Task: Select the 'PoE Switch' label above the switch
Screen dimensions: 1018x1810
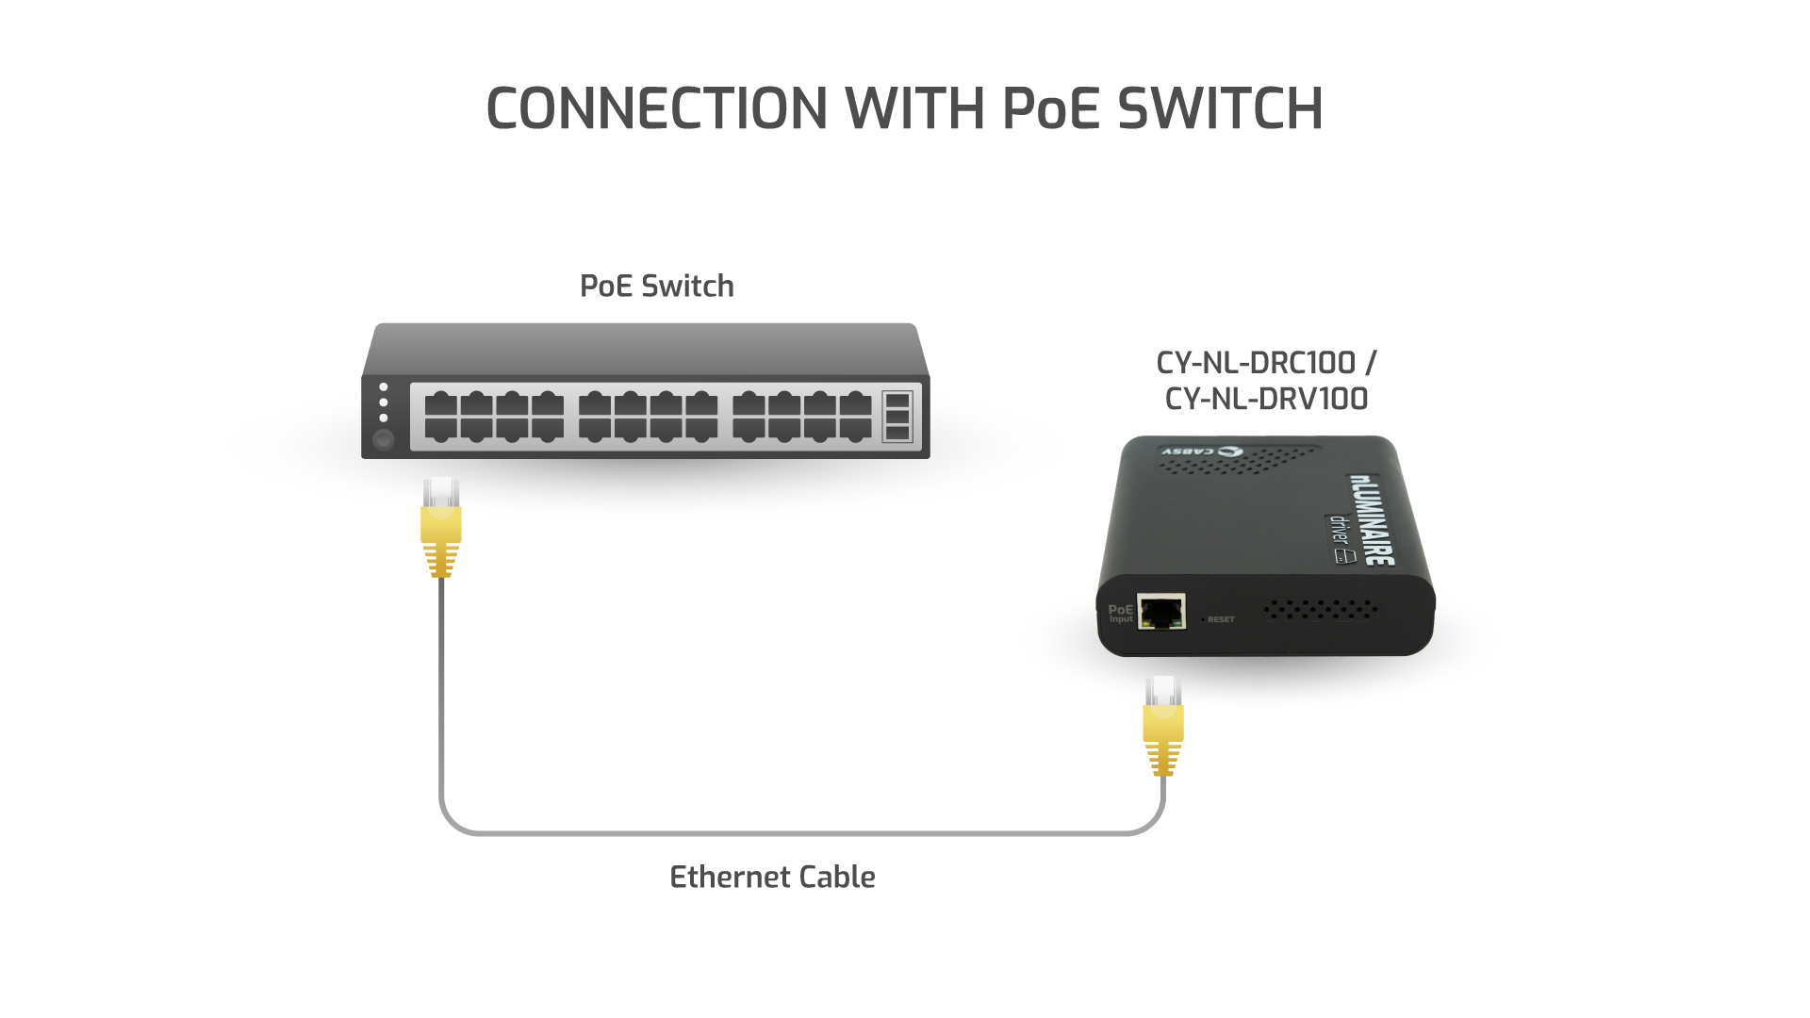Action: pos(656,287)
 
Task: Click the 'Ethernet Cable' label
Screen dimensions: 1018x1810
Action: pos(772,878)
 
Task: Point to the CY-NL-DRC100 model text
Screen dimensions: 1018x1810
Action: pos(1256,363)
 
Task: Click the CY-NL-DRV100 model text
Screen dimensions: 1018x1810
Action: pos(1266,399)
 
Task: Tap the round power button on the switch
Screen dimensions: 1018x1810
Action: pos(383,440)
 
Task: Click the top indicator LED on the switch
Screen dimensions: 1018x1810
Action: pos(383,387)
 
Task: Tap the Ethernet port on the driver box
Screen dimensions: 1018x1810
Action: pos(1160,612)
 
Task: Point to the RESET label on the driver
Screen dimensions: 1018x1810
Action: pos(1221,619)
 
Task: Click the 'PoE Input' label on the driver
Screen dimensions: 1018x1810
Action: pos(1120,614)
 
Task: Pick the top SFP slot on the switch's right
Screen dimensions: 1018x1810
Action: pos(897,399)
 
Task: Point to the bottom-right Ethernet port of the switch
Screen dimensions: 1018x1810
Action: pos(856,429)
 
